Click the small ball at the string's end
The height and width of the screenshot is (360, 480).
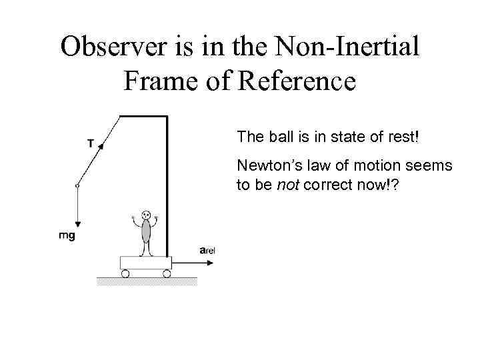[77, 186]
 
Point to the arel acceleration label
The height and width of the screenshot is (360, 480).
[207, 250]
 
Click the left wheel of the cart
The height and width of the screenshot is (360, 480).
[125, 273]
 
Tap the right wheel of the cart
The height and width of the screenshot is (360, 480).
[167, 273]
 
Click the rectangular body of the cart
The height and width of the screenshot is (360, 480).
[145, 263]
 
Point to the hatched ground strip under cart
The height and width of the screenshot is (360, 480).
[147, 281]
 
